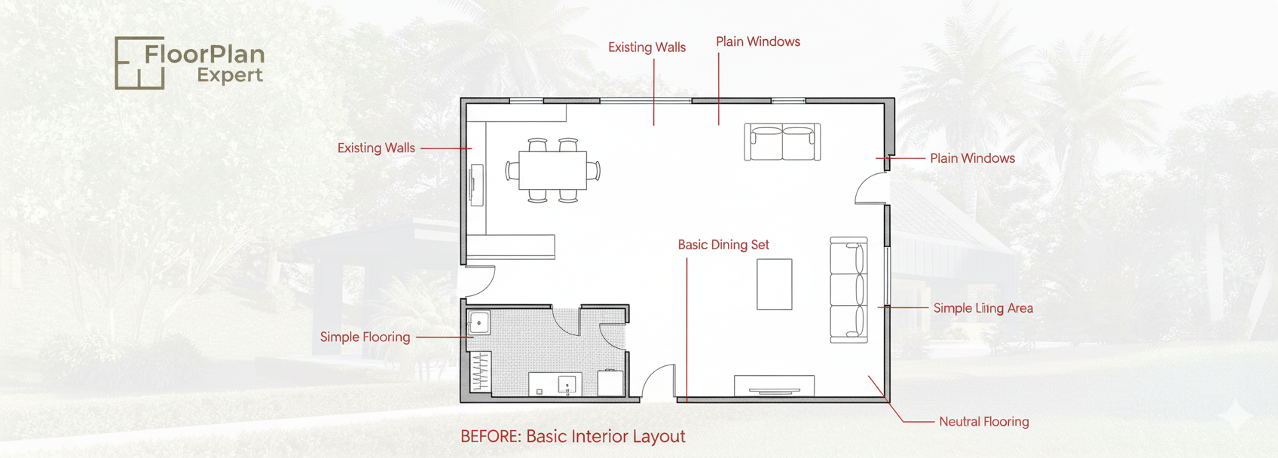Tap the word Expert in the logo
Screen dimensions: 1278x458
tap(230, 76)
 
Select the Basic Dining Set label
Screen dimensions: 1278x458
tap(723, 245)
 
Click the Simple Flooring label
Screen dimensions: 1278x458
tap(365, 337)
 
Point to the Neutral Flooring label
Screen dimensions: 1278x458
tap(984, 422)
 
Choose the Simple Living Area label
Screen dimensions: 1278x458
tap(983, 308)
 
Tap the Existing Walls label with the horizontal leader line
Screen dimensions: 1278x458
tap(377, 148)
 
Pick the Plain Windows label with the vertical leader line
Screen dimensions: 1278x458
tap(758, 41)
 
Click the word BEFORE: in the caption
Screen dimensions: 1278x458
tap(491, 436)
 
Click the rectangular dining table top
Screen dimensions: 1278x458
tap(553, 170)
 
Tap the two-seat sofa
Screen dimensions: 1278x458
tap(782, 142)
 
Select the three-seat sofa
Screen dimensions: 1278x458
tap(849, 290)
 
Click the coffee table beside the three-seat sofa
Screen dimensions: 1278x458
tap(774, 284)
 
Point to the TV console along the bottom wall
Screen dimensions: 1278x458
tap(774, 386)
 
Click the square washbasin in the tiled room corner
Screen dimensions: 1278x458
tap(479, 323)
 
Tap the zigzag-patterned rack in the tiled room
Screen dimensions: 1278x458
tap(481, 371)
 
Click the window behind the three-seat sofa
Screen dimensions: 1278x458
tap(887, 275)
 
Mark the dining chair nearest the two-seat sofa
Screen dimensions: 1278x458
tap(594, 170)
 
